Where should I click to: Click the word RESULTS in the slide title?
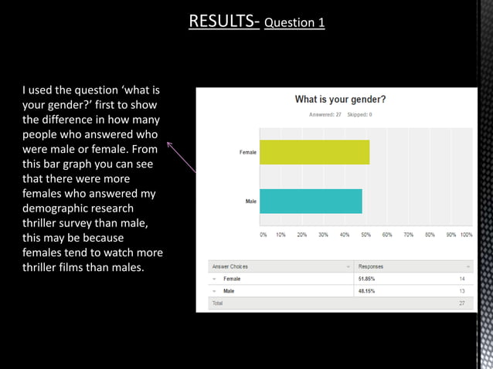tap(223, 20)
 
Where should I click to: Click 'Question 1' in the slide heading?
tap(294, 22)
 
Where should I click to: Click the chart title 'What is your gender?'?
tap(340, 100)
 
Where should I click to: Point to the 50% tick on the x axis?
tap(366, 235)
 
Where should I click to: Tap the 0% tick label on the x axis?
tap(263, 235)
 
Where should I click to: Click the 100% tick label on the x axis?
tap(466, 235)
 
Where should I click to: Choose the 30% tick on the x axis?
tap(323, 235)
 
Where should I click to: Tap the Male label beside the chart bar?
tap(250, 201)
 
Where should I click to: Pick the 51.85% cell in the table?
tap(366, 279)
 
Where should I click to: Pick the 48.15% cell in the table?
tap(366, 291)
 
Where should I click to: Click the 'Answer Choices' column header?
tap(230, 266)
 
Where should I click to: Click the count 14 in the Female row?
tap(462, 279)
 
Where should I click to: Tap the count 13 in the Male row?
tap(462, 291)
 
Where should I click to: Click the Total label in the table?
tap(218, 303)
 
